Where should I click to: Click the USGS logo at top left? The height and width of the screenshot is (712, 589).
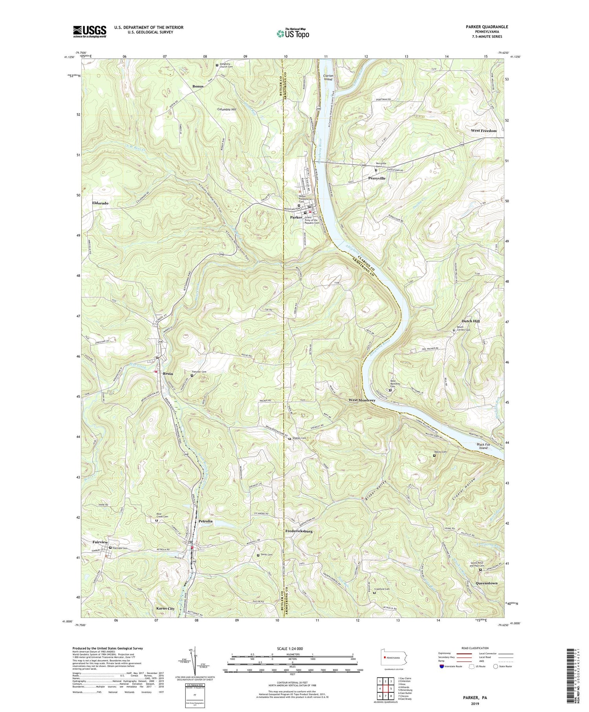(89, 31)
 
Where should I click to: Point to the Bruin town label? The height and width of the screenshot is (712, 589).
(168, 374)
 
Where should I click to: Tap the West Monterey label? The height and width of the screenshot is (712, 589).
(362, 400)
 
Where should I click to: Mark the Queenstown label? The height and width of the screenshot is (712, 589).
(486, 583)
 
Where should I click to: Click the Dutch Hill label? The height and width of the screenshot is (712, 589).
(470, 321)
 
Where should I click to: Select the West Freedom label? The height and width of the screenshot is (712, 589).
(483, 130)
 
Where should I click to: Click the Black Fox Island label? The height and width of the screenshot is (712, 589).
(483, 446)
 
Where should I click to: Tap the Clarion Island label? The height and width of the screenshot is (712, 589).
(327, 77)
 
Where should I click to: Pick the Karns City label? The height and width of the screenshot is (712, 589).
(165, 608)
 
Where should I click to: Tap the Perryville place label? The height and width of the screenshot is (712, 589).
(377, 178)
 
